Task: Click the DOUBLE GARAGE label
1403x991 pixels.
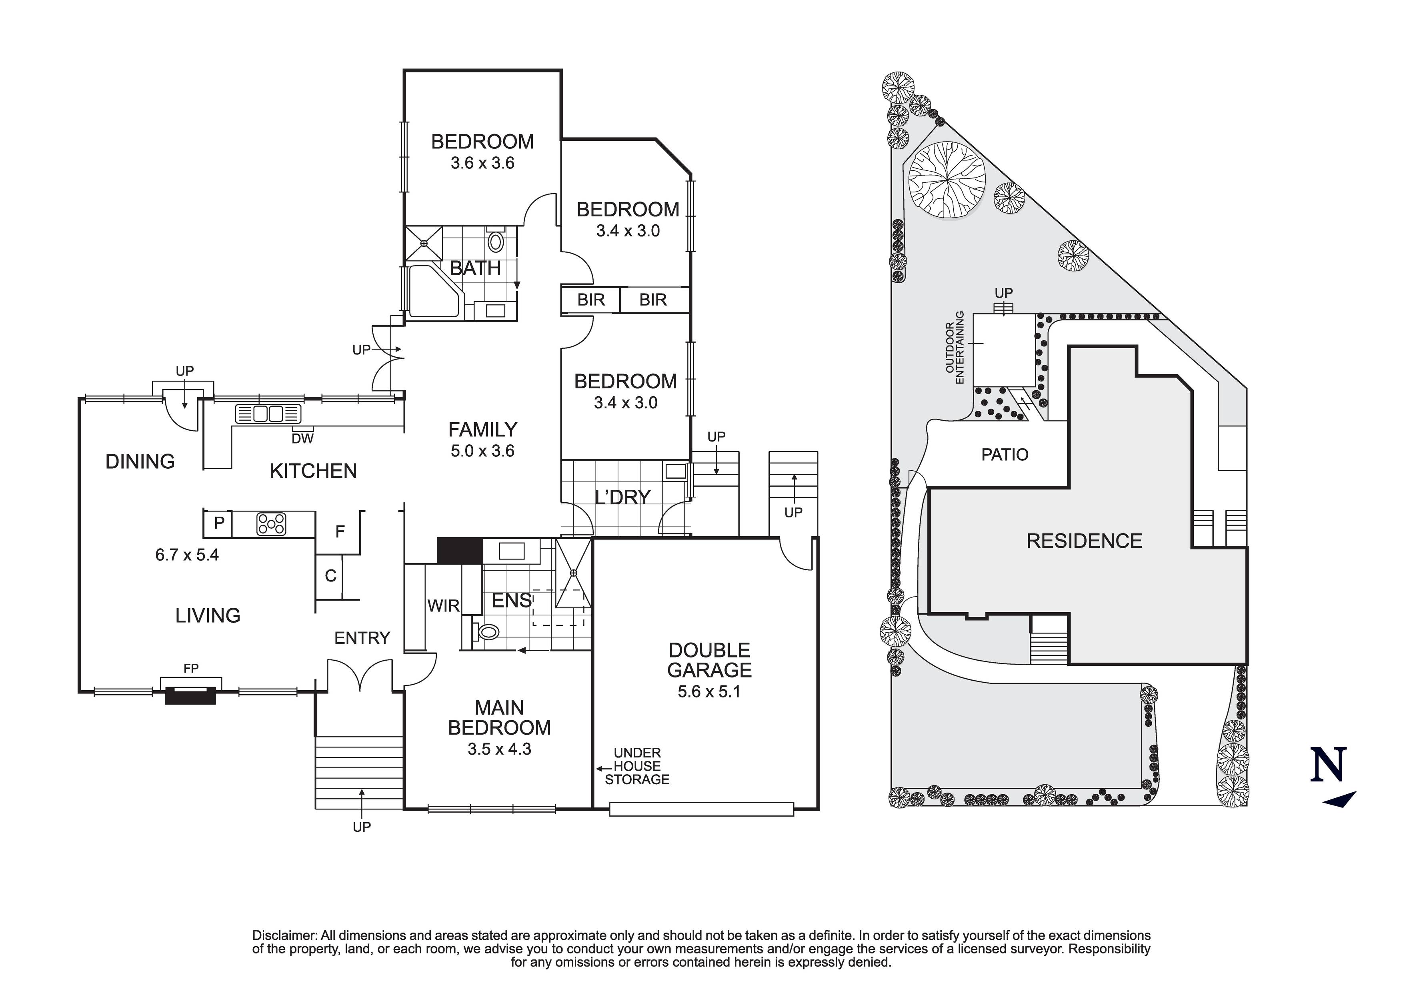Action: point(709,660)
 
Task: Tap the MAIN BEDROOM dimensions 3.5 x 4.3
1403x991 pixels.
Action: point(499,749)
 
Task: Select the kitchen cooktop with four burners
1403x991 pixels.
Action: point(271,523)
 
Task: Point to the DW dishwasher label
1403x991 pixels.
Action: point(302,439)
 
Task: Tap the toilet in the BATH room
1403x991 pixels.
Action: point(496,241)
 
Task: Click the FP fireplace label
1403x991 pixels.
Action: point(191,668)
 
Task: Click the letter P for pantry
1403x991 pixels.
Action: point(219,523)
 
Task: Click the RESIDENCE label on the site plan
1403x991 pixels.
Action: point(1084,541)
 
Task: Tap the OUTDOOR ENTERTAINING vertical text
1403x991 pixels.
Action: point(955,347)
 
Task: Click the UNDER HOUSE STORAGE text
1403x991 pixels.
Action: point(637,766)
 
